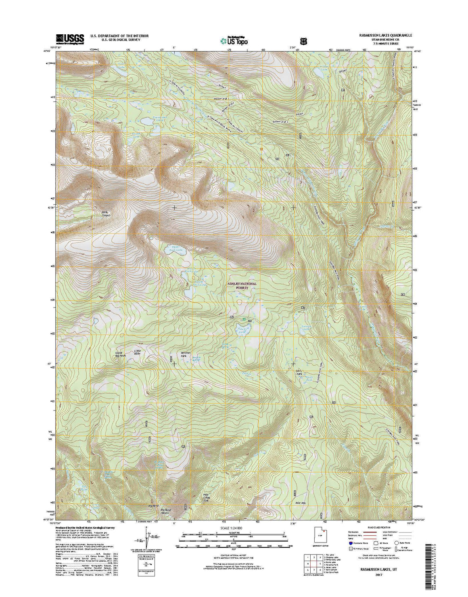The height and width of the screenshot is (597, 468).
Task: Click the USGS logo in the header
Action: (x=70, y=38)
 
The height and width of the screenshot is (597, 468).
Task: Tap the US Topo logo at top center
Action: (x=234, y=40)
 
